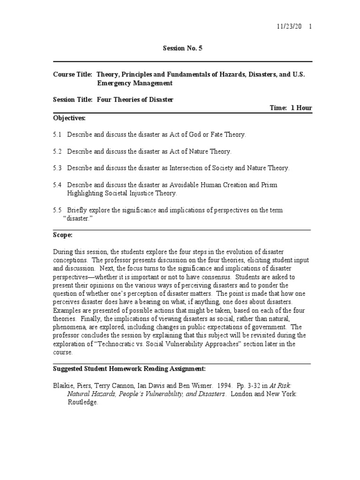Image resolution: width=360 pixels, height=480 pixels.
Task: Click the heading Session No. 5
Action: coord(182,48)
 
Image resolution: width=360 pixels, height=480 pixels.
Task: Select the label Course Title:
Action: coord(73,75)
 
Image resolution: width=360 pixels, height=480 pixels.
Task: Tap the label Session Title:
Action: coord(74,99)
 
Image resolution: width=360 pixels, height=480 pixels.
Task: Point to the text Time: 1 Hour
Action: coord(291,108)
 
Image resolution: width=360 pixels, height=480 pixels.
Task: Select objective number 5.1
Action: coord(57,135)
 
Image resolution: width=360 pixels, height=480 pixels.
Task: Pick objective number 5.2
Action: coord(57,151)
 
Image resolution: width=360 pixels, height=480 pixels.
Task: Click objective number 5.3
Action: coord(57,168)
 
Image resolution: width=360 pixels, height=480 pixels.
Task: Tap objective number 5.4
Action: coord(57,185)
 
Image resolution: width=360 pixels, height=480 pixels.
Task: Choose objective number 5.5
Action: coord(57,210)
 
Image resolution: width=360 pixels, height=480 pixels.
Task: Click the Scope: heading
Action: coord(63,235)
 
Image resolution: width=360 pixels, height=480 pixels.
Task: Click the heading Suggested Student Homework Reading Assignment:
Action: coord(128,369)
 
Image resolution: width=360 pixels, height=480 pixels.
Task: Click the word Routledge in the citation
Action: coord(83,403)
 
